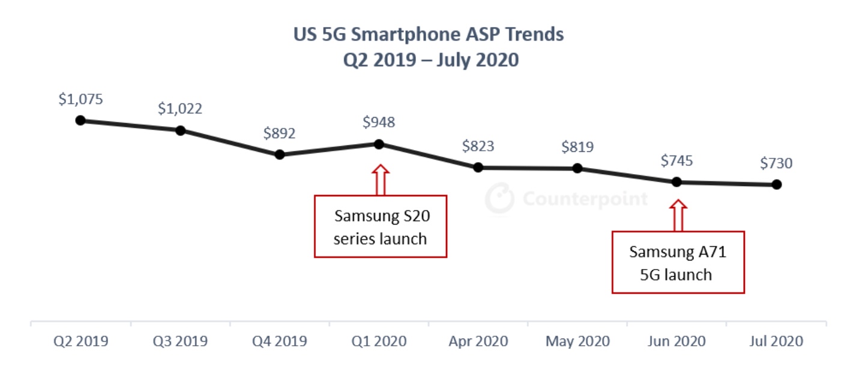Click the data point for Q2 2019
(80, 120)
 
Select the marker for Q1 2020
(379, 144)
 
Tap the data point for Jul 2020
(776, 184)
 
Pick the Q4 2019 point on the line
(279, 154)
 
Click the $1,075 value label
(80, 100)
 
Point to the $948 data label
(379, 122)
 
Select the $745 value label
(677, 160)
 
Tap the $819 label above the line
(577, 146)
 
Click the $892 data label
(279, 133)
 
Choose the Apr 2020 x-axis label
(478, 342)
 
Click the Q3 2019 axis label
(180, 342)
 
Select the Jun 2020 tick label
(677, 342)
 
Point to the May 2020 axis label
(577, 342)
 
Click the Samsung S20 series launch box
(381, 226)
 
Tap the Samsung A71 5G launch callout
(678, 262)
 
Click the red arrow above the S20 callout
(379, 179)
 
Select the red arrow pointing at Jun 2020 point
(677, 215)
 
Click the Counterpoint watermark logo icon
(499, 198)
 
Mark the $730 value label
(776, 163)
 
